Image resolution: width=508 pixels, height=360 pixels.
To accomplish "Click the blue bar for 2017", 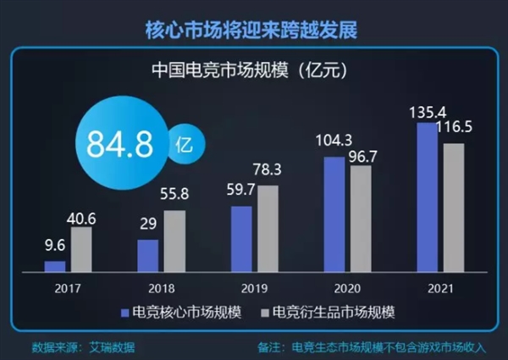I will pos(55,266).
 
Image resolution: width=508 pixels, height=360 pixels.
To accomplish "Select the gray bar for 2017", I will pos(81,249).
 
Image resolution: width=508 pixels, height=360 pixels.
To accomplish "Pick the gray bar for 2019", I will pos(268,229).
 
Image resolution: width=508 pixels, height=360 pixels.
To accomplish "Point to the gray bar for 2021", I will pos(454,208).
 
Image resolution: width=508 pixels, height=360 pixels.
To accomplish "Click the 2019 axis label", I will pos(254,286).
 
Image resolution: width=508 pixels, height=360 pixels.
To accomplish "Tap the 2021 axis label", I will pos(440,286).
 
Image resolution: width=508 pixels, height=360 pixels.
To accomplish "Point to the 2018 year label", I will pos(161,286).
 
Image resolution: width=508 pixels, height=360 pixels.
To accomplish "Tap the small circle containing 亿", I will pos(183,143).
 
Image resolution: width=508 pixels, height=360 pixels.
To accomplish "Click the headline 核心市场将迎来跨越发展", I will pos(254,29).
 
